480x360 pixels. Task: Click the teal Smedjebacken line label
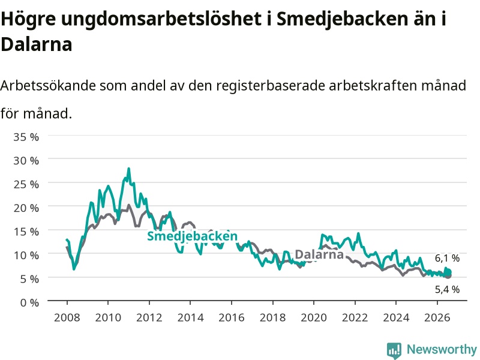pos(192,236)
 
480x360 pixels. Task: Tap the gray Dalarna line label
pos(319,254)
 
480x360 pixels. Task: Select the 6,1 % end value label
pos(447,259)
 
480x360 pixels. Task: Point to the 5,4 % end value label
pos(447,289)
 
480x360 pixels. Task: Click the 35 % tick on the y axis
pos(26,137)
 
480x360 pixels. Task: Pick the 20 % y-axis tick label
pos(26,208)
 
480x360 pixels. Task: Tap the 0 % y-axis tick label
pos(29,303)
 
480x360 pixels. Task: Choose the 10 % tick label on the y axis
pos(26,256)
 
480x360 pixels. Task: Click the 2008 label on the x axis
pos(67,317)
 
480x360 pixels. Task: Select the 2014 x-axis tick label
pos(190,317)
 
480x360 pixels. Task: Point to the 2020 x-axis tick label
pos(314,317)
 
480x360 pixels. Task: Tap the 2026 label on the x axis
pos(437,317)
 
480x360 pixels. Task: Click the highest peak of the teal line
pos(128,169)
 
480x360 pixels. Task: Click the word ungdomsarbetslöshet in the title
pos(161,19)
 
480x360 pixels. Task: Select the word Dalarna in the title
pos(37,44)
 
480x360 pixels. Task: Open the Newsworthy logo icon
pos(394,350)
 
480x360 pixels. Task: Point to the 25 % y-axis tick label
pos(26,184)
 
